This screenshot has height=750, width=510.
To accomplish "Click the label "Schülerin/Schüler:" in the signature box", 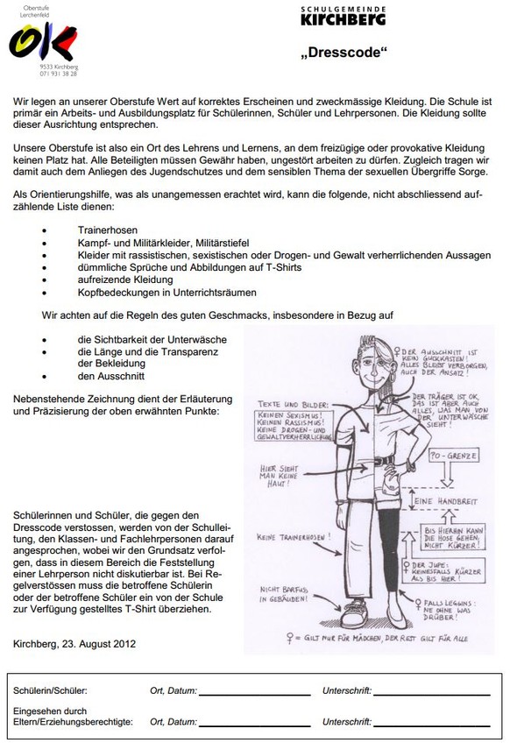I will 51,692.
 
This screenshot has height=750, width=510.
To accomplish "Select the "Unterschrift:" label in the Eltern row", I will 347,723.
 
